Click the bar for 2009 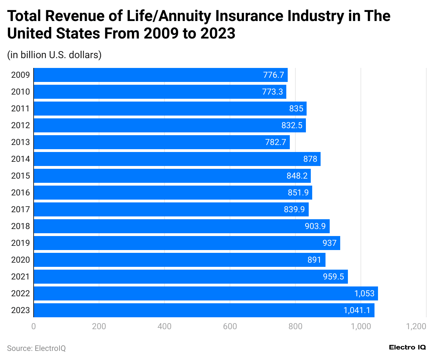click(x=161, y=75)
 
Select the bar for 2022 click(x=206, y=293)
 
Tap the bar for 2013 click(x=162, y=142)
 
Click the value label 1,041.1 click(x=357, y=310)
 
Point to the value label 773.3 click(x=272, y=92)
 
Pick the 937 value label click(x=329, y=243)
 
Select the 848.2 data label click(x=297, y=176)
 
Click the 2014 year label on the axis click(x=20, y=159)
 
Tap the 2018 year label click(x=20, y=226)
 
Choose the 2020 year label click(x=20, y=260)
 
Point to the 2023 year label click(x=20, y=310)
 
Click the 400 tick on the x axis click(x=164, y=326)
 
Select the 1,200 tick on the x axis click(x=416, y=326)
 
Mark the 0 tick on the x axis click(x=34, y=326)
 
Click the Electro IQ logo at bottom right click(x=407, y=347)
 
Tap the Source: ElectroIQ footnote click(x=36, y=348)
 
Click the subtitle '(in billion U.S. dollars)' click(x=54, y=55)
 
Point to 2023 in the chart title click(x=218, y=34)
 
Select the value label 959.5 click(x=333, y=277)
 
